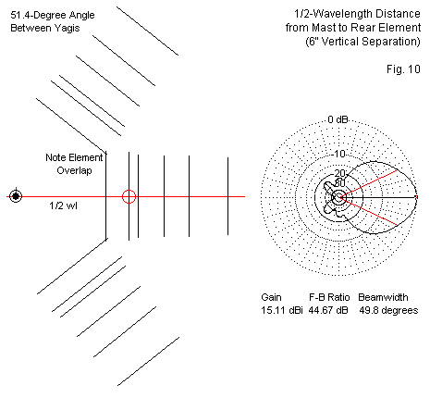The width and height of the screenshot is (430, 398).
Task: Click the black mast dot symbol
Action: point(16,196)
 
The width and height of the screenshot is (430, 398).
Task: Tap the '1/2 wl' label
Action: point(63,205)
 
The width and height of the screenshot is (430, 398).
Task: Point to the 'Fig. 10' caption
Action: point(403,69)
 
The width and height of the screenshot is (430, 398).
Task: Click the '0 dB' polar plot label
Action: point(338,119)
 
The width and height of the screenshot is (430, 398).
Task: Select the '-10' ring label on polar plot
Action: point(339,154)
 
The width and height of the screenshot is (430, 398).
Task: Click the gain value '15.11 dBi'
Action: point(282,310)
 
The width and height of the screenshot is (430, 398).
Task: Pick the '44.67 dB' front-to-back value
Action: point(328,310)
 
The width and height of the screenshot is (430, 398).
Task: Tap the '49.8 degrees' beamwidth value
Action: point(388,310)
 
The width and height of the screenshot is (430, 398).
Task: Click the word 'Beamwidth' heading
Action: point(383,297)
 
